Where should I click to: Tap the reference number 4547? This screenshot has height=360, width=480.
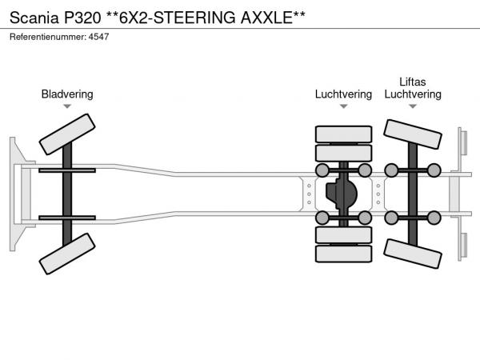pos(98,38)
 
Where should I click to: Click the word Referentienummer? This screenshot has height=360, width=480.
pos(46,38)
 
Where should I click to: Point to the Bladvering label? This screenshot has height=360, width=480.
pos(67,94)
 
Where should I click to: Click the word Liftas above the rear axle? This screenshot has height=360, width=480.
pos(413,82)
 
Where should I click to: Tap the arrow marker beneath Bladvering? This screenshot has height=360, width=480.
pos(67,106)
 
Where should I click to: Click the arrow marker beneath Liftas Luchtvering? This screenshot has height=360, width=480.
pos(413,106)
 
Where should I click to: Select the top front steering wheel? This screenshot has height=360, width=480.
pos(67,134)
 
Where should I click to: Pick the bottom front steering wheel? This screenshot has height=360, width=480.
pos(67,258)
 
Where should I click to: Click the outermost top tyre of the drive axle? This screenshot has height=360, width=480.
pos(343,134)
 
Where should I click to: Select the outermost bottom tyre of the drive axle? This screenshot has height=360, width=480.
pos(343,255)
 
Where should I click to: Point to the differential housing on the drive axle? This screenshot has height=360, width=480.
pos(344,194)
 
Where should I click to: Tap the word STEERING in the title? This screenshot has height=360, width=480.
pos(194,16)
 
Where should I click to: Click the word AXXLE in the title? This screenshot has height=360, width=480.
pos(272,16)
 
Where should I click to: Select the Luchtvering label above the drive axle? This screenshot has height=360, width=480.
pos(343,94)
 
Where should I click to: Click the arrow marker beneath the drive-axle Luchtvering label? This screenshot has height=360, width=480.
pos(343,106)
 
